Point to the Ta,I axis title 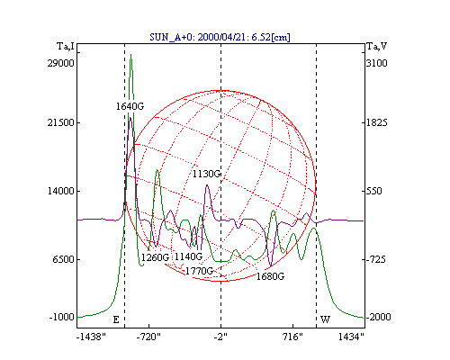(66, 46)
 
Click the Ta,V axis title (377, 46)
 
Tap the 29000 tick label (60, 63)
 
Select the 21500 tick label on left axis (60, 122)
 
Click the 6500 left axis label (63, 259)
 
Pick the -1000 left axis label (62, 317)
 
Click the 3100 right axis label (377, 63)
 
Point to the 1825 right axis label (377, 122)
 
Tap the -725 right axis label (376, 259)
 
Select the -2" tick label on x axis (220, 337)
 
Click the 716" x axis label (292, 337)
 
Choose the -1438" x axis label (91, 337)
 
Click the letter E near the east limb (116, 319)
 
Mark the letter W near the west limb (325, 319)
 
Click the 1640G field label (130, 106)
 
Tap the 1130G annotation (206, 174)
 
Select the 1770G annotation (199, 271)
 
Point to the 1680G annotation (270, 276)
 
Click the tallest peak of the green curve (130, 55)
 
